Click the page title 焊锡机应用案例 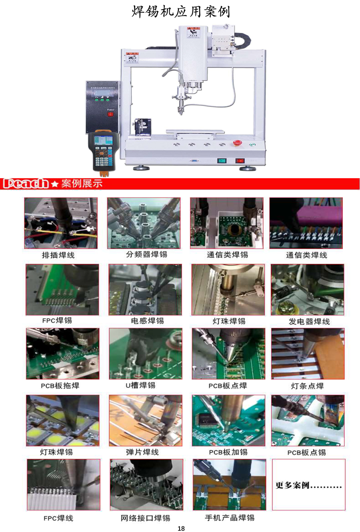pos(181,11)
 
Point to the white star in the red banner pos(55,184)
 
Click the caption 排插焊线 pos(58,255)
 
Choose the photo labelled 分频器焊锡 pos(144,223)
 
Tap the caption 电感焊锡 pos(147,321)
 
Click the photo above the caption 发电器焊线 pos(307,290)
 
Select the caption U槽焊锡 pos(140,385)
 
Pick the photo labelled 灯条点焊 pos(308,354)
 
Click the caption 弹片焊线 pos(142,452)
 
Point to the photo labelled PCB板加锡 pos(228,420)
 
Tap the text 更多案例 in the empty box pos(292,486)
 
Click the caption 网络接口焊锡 pos(145,518)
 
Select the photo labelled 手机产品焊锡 pos(229,484)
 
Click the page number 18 pos(181,528)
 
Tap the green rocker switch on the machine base pos(222,161)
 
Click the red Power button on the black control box pos(110,114)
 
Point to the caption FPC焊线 pos(58,518)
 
